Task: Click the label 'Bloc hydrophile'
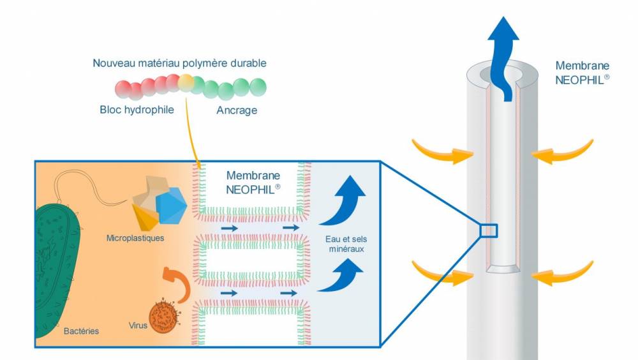pyautogui.click(x=137, y=110)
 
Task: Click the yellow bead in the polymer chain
pyautogui.click(x=186, y=81)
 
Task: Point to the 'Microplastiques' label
pyautogui.click(x=136, y=238)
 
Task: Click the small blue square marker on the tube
pyautogui.click(x=488, y=230)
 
